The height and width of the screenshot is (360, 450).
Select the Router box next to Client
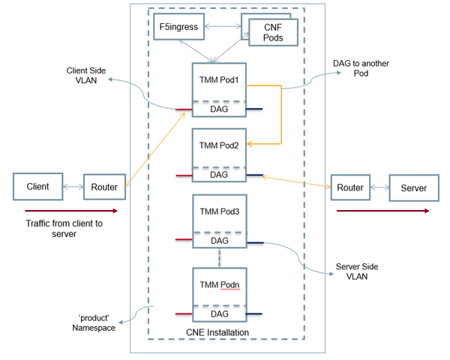pyautogui.click(x=99, y=186)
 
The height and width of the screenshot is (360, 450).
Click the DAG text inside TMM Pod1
pyautogui.click(x=219, y=109)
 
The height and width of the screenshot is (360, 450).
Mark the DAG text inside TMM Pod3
pyautogui.click(x=219, y=241)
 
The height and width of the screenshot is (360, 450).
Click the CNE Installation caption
pyautogui.click(x=217, y=332)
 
